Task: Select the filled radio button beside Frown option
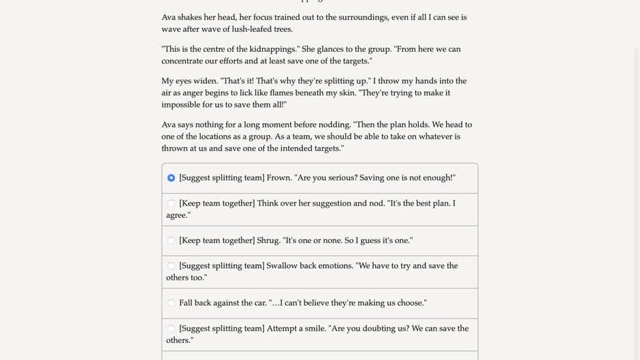[171, 178]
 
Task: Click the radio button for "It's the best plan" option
[171, 203]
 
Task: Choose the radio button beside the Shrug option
[171, 240]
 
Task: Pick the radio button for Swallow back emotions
[171, 265]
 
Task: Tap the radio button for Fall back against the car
[171, 303]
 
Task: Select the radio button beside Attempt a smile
[171, 328]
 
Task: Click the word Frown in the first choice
[279, 178]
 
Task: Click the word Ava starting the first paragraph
[169, 17]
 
